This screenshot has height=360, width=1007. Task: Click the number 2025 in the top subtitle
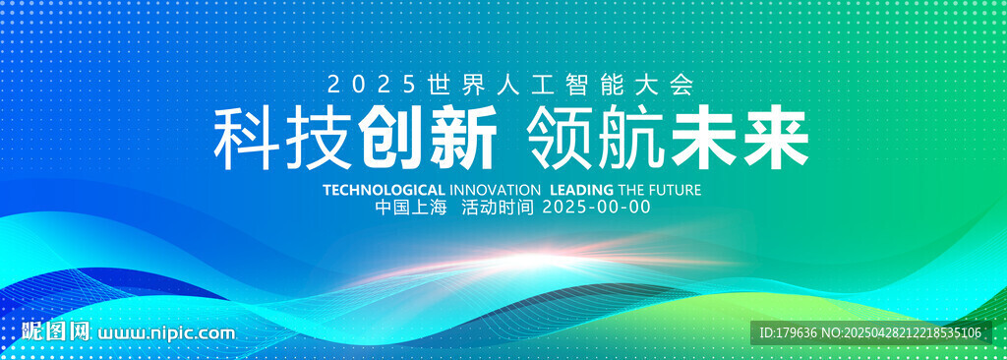(x=368, y=85)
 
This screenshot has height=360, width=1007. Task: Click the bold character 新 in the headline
(x=464, y=139)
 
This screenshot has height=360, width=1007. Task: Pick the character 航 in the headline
(x=632, y=139)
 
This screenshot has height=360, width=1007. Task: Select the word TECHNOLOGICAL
(x=384, y=190)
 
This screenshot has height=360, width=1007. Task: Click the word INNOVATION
(x=495, y=190)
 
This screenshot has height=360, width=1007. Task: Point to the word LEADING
(x=582, y=190)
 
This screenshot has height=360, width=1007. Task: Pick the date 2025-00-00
(x=597, y=207)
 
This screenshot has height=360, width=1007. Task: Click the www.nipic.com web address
(x=165, y=333)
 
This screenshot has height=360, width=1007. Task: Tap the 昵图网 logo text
(x=55, y=331)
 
